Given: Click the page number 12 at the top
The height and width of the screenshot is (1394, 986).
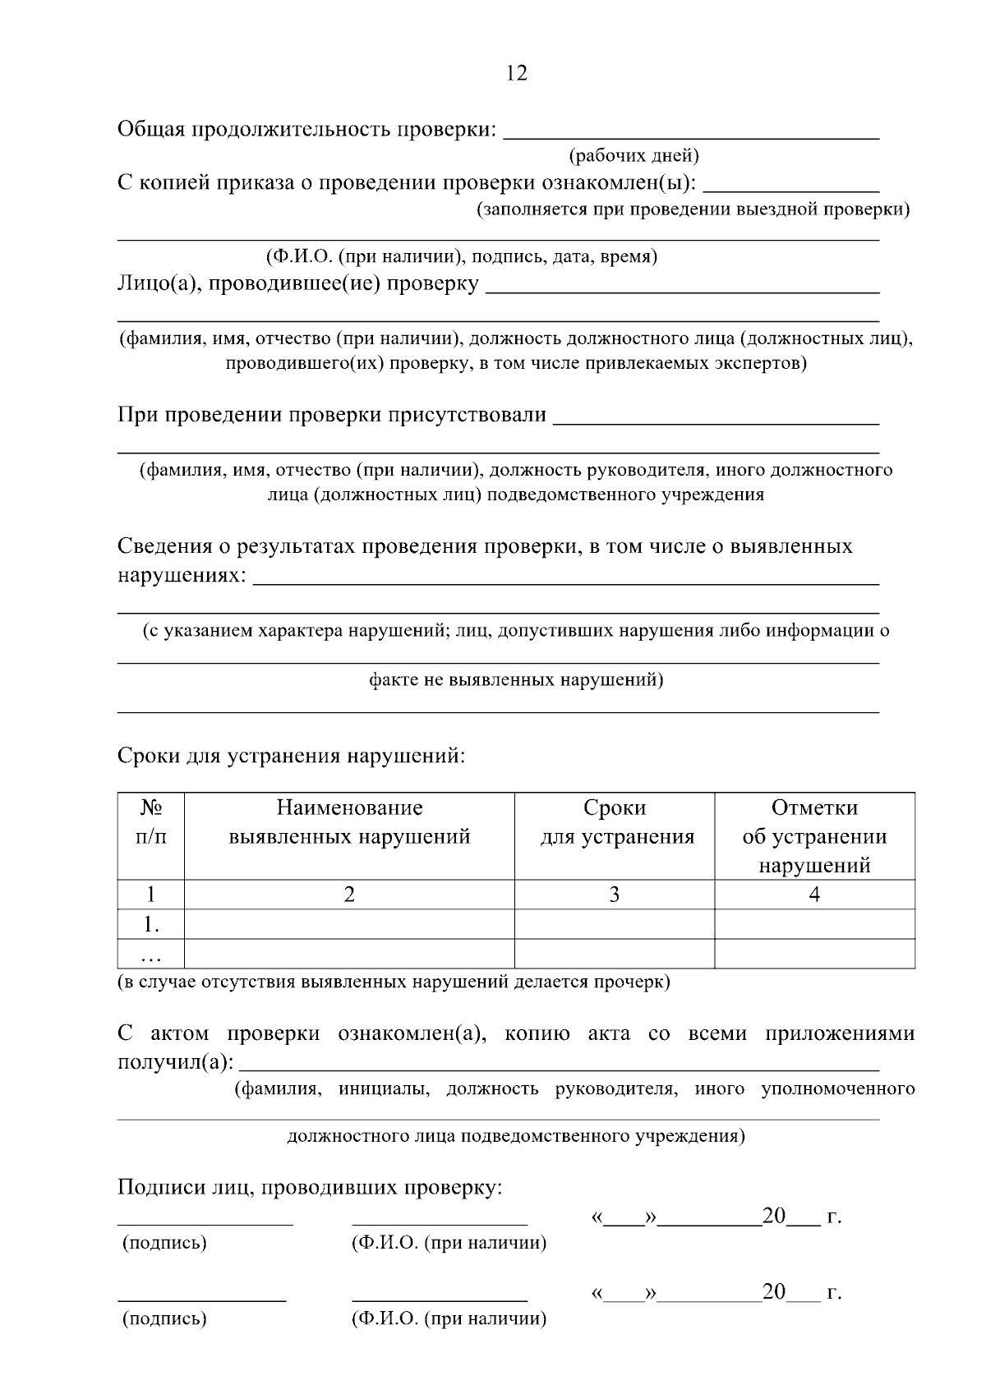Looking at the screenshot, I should coord(517,73).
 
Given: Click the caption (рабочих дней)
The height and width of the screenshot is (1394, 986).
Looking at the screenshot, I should coord(634,155).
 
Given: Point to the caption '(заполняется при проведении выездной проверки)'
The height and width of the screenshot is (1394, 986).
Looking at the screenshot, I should coord(693,209).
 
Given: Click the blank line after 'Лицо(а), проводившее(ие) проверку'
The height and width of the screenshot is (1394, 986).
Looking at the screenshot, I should coord(682,288).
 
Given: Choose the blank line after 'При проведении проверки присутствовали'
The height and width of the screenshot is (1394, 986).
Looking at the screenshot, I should coord(716,420).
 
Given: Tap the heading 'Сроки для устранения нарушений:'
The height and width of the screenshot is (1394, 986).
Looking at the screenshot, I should coord(292,755).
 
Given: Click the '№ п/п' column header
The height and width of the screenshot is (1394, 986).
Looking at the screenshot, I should coord(150,822).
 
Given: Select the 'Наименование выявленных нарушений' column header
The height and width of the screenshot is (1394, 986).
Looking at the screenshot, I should coord(349,822).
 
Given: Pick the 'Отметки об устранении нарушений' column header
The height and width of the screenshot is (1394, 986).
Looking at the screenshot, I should coord(814,836).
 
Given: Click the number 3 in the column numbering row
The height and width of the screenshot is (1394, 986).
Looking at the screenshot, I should coord(614,895).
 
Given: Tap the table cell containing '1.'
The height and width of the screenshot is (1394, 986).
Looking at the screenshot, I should coord(150,924).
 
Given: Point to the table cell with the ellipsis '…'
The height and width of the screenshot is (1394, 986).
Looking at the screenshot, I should coord(150,955).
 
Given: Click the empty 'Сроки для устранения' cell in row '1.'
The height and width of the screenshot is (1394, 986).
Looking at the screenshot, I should coord(614,924).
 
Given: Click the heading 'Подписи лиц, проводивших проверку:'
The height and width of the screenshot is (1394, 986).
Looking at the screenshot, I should coord(310,1187).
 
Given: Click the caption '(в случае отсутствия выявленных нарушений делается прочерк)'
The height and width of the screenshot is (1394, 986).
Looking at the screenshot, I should coord(394,982).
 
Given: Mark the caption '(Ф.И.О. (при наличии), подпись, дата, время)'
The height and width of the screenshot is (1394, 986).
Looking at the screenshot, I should coord(461,256).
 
